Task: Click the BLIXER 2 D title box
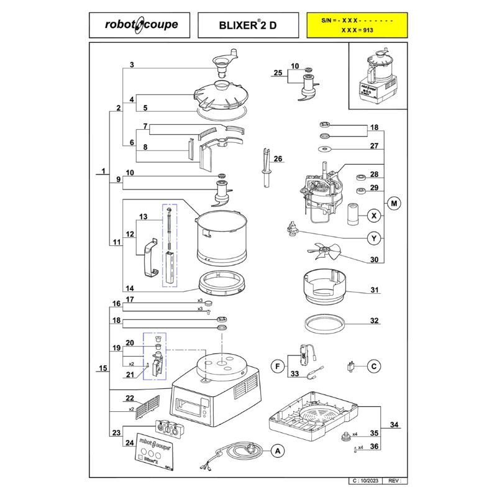click(x=248, y=25)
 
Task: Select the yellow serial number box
click(x=357, y=25)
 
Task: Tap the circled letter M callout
click(x=393, y=203)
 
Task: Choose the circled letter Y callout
click(x=374, y=238)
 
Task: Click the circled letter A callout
click(x=278, y=451)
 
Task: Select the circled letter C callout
click(x=374, y=365)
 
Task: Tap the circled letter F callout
click(x=278, y=365)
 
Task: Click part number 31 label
click(x=374, y=290)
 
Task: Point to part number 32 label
click(x=374, y=321)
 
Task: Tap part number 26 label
click(x=278, y=159)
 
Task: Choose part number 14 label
click(x=130, y=288)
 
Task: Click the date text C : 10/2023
click(x=367, y=480)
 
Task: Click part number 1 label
click(x=104, y=171)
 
